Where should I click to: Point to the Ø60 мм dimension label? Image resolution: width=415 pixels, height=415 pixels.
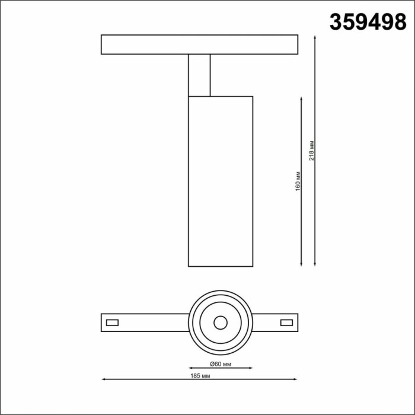click(x=221, y=362)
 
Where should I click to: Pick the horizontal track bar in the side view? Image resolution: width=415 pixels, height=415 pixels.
click(x=199, y=44)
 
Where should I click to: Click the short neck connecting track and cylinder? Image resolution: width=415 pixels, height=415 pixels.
click(x=199, y=75)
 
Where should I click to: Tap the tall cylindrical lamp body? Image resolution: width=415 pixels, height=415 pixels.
click(x=221, y=181)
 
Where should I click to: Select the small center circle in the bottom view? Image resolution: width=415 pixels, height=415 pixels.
click(x=221, y=323)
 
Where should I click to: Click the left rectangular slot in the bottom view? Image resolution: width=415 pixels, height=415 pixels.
click(x=111, y=323)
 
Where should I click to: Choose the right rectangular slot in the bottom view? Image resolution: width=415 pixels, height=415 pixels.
click(x=286, y=323)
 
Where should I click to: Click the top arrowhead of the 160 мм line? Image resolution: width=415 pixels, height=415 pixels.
click(x=304, y=98)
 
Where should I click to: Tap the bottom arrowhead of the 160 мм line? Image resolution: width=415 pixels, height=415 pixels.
click(x=304, y=264)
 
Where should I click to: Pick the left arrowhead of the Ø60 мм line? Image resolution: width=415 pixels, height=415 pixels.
click(x=190, y=368)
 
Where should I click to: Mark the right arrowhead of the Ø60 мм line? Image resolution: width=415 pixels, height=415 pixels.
click(x=251, y=368)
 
